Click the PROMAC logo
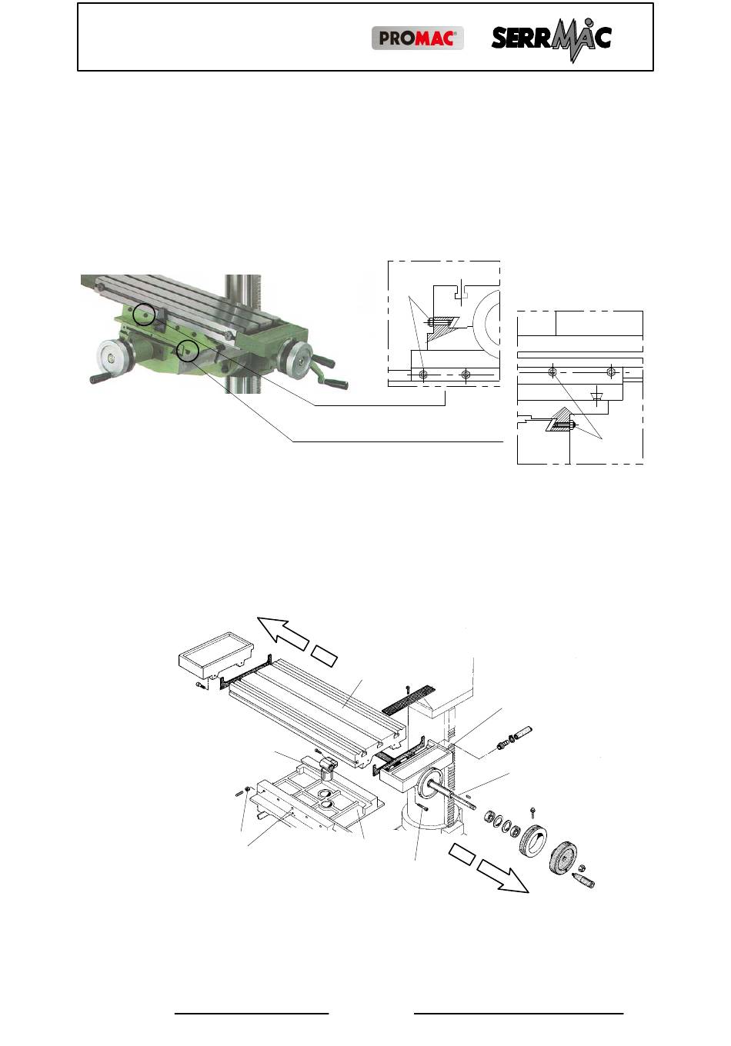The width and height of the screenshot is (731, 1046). pyautogui.click(x=417, y=38)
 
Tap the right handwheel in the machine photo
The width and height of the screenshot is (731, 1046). pyautogui.click(x=297, y=361)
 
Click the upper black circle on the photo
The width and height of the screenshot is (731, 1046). pyautogui.click(x=143, y=315)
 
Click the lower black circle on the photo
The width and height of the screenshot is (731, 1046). pyautogui.click(x=188, y=350)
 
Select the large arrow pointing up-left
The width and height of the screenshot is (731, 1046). pyautogui.click(x=282, y=632)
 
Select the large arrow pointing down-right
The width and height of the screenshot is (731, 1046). pyautogui.click(x=503, y=878)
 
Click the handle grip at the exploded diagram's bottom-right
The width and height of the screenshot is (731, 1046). pyautogui.click(x=583, y=880)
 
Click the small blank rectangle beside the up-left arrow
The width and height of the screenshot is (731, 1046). pyautogui.click(x=325, y=656)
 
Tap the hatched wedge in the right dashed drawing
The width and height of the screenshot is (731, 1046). pyautogui.click(x=559, y=419)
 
